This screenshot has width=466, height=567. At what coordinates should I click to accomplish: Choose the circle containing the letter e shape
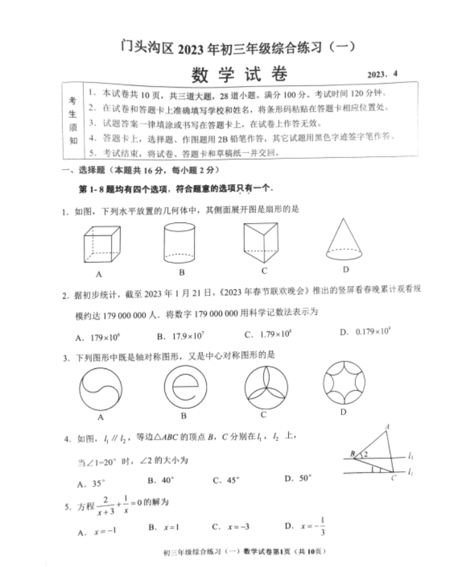click(x=184, y=389)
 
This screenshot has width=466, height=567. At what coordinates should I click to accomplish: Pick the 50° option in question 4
click(x=298, y=479)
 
